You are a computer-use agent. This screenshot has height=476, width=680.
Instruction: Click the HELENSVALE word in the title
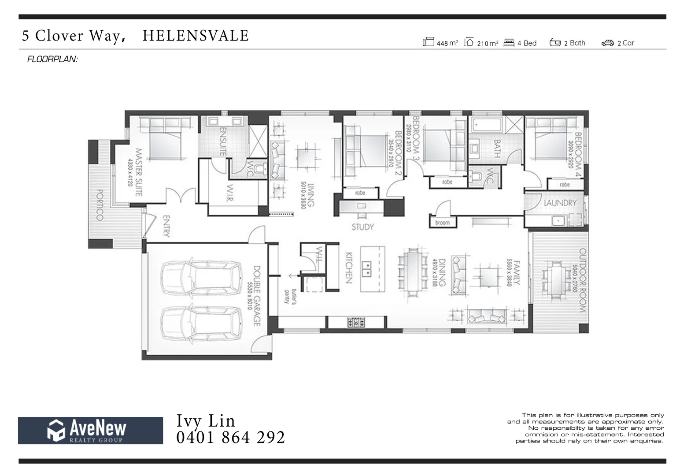[196, 36]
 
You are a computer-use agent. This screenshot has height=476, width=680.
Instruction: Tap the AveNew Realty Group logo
[90, 430]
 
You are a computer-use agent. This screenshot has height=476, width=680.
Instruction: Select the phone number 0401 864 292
[230, 437]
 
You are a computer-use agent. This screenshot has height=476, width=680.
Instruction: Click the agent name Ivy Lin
[206, 420]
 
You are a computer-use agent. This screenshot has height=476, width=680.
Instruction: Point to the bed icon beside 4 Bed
[509, 43]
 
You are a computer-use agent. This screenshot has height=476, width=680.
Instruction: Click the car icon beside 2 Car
[607, 43]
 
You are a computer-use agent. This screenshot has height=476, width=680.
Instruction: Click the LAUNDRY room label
[560, 203]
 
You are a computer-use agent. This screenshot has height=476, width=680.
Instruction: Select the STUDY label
[362, 227]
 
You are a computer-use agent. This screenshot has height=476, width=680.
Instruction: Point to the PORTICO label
[100, 205]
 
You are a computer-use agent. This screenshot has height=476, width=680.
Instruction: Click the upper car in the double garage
[201, 278]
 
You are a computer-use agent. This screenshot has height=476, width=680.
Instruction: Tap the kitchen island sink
[366, 268]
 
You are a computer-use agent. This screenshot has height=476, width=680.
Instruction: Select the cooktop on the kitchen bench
[356, 323]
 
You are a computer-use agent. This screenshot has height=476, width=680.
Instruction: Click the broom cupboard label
[442, 223]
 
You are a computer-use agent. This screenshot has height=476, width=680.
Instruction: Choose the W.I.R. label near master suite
[230, 193]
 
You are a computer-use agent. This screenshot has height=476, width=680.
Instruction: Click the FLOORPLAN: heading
[52, 59]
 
